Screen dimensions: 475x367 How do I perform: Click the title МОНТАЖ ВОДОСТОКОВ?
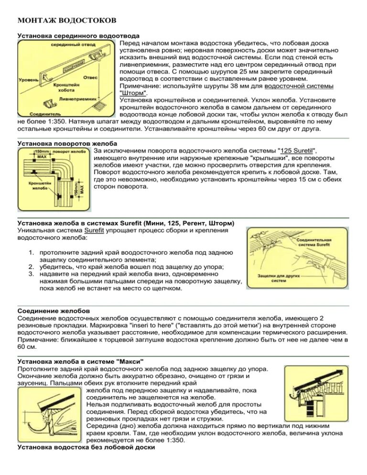tap(66, 21)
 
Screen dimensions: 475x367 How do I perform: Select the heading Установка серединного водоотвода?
tap(78, 36)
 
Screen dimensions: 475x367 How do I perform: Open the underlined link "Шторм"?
tap(133, 93)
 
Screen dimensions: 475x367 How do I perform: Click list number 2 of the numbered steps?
tap(31, 266)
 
